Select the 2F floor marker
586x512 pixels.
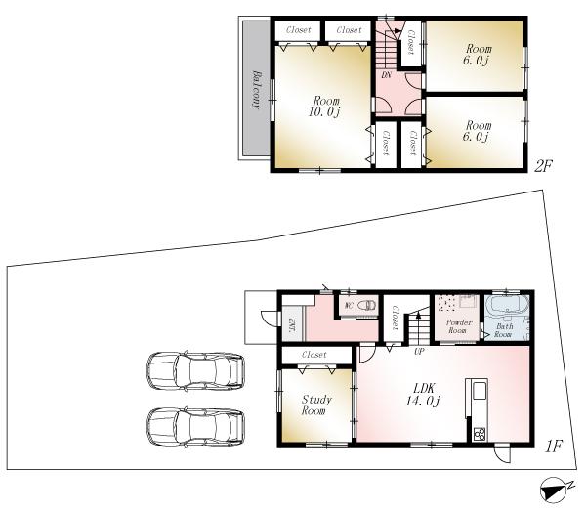pos(543,165)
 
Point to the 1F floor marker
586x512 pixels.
pos(554,447)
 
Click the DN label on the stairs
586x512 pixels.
pos(386,74)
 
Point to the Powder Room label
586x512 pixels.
pos(459,326)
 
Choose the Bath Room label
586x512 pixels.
pos(502,330)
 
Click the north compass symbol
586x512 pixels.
pos(554,489)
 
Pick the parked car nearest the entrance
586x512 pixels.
pos(194,371)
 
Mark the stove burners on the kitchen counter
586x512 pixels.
pos(480,433)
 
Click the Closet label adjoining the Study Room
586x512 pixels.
pos(314,354)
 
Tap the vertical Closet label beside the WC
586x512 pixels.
pos(396,318)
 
